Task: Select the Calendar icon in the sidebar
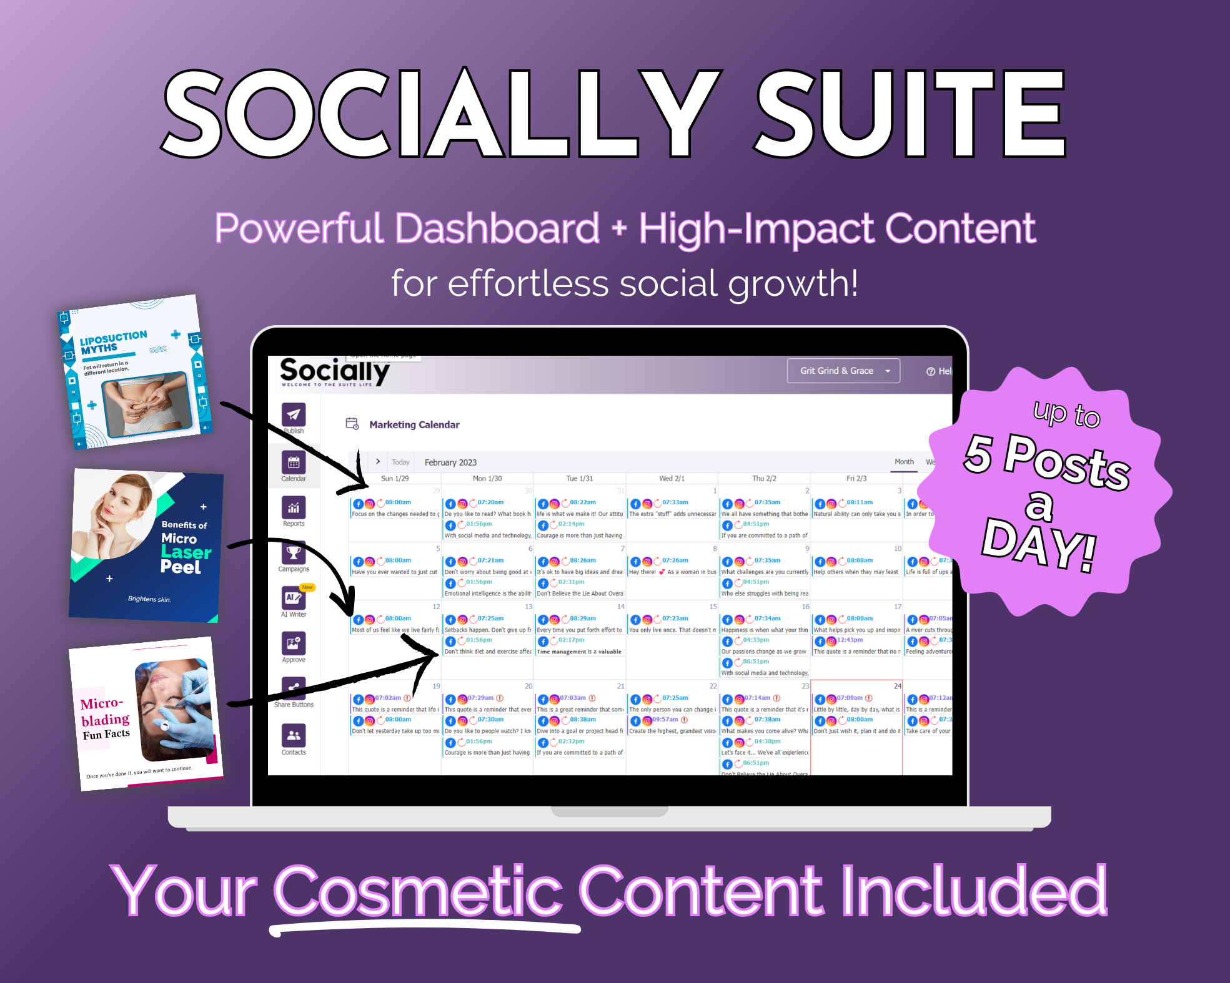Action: (x=293, y=463)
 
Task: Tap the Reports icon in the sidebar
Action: (x=293, y=508)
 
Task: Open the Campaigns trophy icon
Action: (x=293, y=554)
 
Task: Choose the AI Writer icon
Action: (x=293, y=599)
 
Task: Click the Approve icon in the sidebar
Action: (x=293, y=643)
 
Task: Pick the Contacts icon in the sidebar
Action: (x=293, y=736)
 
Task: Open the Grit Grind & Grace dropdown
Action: (x=843, y=371)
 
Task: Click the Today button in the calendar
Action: (x=400, y=462)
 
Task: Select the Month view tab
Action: (x=904, y=462)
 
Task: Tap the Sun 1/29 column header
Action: (x=395, y=479)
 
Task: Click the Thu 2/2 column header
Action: (x=764, y=479)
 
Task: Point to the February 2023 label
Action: (x=450, y=462)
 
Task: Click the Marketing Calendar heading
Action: (x=414, y=425)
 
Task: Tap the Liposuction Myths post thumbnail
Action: (x=134, y=373)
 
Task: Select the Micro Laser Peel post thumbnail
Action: (x=146, y=545)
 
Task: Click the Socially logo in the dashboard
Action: (x=334, y=372)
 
